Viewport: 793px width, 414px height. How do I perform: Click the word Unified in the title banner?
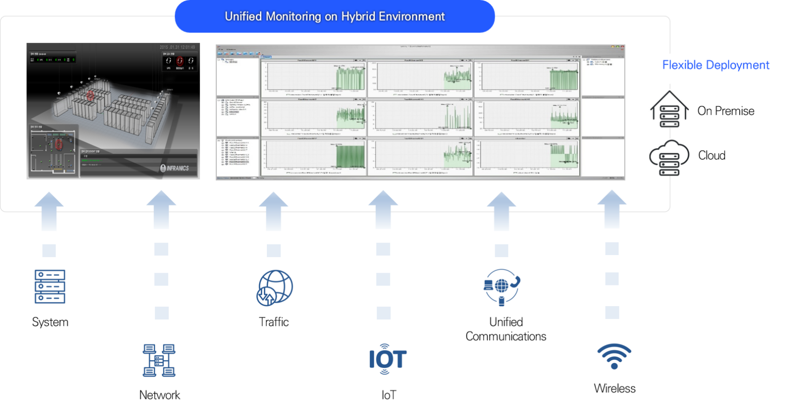point(243,17)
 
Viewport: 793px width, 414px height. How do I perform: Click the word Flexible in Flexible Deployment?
point(682,65)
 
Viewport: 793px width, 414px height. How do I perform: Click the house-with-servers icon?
point(670,108)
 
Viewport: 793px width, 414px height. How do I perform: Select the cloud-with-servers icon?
point(670,157)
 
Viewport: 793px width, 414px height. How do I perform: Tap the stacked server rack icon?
point(50,286)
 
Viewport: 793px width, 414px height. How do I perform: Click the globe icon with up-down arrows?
point(274,288)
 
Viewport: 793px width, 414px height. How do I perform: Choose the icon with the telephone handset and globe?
point(501,288)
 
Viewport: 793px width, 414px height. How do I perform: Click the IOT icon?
point(389,359)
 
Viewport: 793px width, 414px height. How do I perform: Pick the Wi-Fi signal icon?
point(614,356)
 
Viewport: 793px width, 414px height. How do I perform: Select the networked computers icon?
point(160,360)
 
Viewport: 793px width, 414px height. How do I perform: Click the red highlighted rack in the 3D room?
point(91,96)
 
